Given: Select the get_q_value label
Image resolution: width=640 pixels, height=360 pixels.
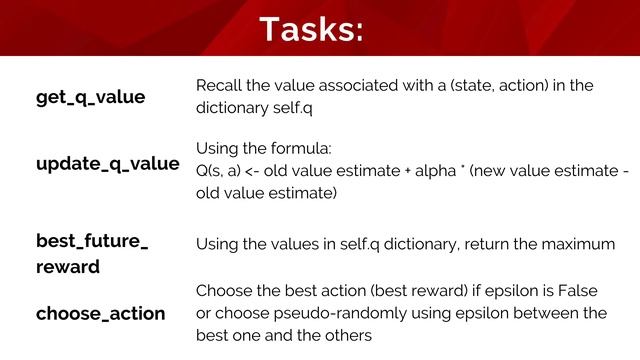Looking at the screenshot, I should [91, 97].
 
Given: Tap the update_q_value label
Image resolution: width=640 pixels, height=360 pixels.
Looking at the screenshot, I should [108, 163].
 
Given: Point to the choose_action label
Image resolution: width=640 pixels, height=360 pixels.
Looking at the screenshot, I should [101, 314].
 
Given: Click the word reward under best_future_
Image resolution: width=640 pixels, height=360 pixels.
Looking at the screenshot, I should [67, 267].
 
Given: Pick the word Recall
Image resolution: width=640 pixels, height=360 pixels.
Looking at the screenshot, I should [217, 86].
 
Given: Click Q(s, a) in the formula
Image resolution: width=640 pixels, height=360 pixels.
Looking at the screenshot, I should [219, 171].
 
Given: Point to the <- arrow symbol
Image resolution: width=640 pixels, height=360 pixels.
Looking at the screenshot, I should [257, 171].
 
